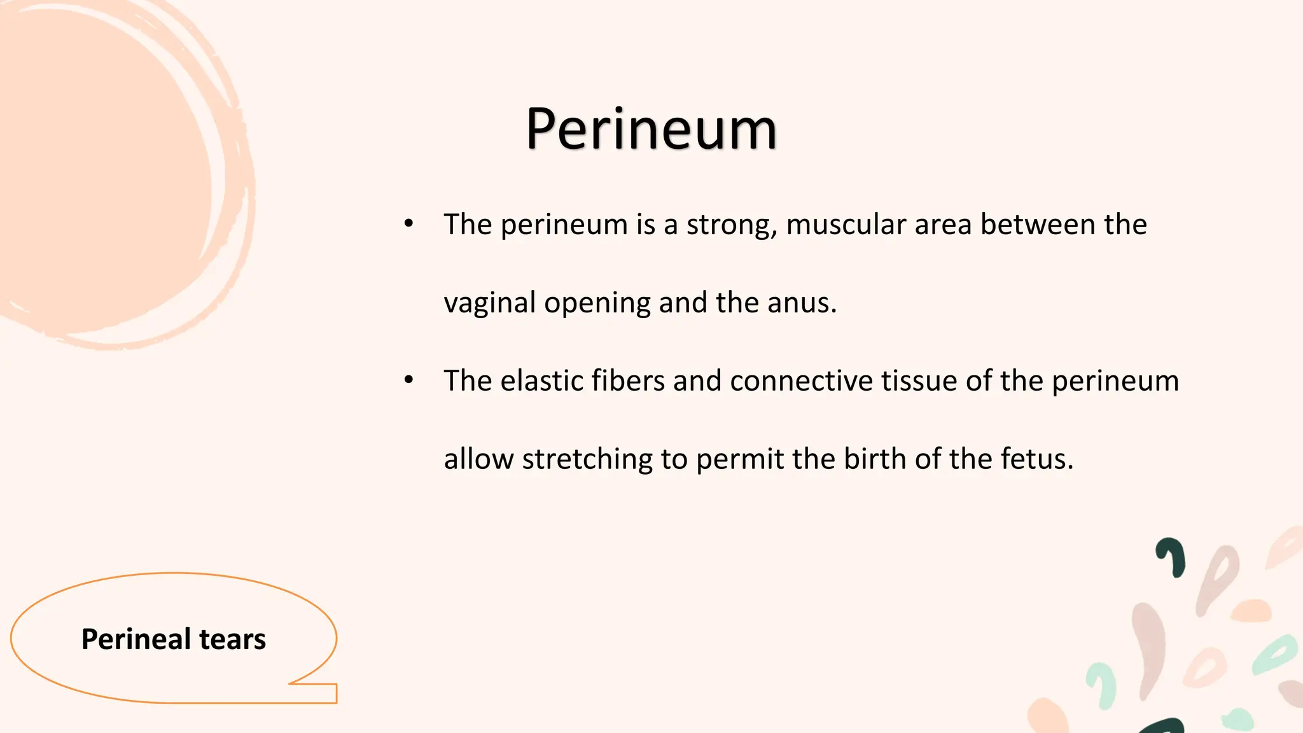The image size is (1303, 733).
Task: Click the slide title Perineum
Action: pos(651,130)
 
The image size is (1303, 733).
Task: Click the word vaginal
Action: pos(489,303)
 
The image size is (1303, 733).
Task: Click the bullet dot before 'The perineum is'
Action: pos(409,223)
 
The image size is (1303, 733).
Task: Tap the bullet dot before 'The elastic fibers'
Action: pos(409,380)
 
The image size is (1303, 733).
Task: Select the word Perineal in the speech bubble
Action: pos(136,639)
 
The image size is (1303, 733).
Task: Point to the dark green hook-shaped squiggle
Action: pos(1173,556)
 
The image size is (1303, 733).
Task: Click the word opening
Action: pos(597,303)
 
